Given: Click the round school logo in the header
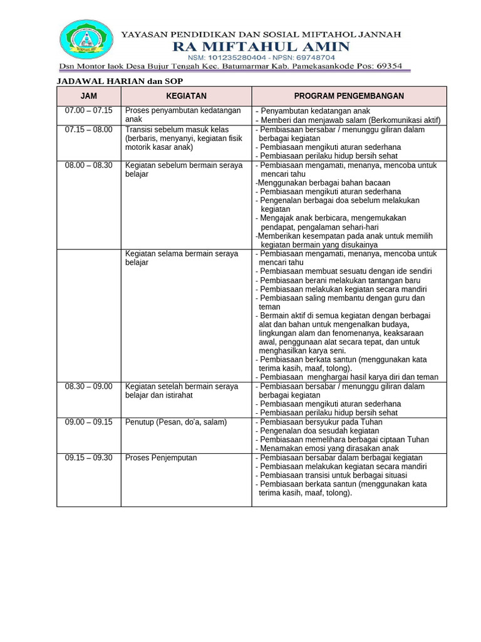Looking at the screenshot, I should coord(86,39).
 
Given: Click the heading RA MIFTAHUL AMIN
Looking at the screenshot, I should coord(261,46).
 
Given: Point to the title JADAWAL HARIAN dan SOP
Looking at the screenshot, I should coord(120,82).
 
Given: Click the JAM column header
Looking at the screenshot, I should coord(89,96).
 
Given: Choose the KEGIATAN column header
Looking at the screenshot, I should coord(186,96).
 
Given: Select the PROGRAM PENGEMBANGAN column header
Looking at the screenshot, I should coord(349,96).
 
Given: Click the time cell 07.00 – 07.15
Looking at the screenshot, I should coord(89,110).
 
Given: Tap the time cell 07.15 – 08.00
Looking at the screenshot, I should coord(89,130).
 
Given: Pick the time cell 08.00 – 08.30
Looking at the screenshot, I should coord(89,166).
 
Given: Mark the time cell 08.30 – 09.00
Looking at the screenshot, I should coord(89,387).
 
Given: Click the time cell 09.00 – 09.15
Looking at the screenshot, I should coord(89,423).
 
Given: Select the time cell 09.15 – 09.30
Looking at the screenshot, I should coord(89,458).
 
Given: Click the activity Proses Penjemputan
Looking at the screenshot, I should coord(161,458).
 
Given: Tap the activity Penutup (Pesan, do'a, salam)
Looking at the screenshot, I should coord(176,423).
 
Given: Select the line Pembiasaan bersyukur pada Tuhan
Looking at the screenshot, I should coord(319,423).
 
